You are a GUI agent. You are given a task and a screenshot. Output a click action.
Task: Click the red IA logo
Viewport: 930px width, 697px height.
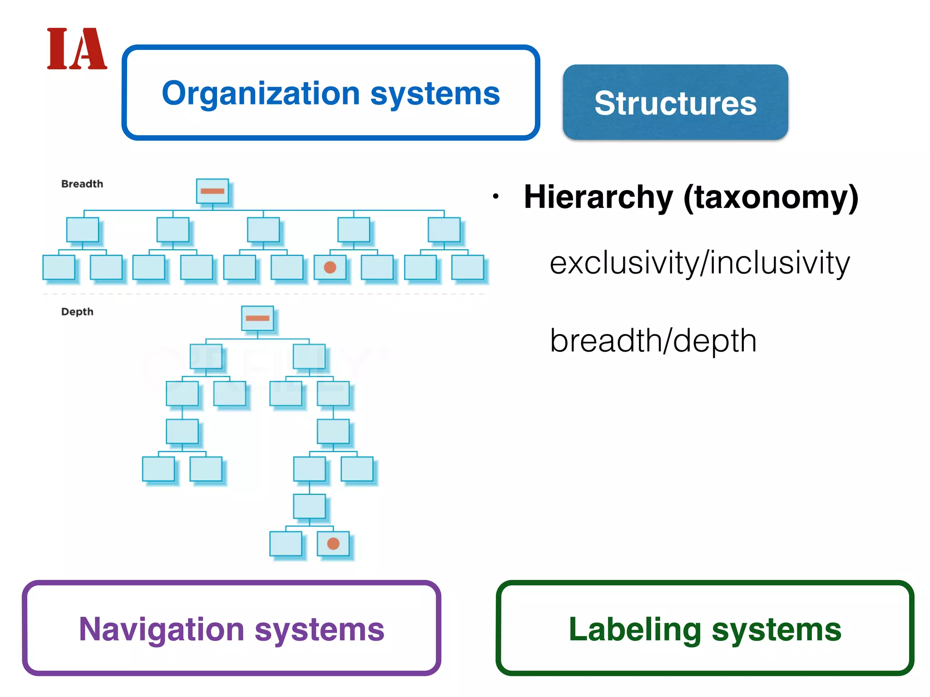click(x=77, y=49)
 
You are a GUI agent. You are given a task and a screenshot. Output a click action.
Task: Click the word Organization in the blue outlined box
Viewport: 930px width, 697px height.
click(x=261, y=93)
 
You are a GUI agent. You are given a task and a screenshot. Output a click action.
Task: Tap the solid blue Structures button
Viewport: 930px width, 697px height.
click(x=675, y=103)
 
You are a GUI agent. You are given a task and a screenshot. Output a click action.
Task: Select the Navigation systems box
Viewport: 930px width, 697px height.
click(x=232, y=628)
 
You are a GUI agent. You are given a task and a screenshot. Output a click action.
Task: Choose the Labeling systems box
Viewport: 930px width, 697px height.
click(x=705, y=628)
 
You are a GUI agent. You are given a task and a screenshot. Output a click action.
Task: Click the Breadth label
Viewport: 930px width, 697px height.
click(x=82, y=184)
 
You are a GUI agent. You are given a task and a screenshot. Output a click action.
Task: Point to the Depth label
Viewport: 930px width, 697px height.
click(x=77, y=312)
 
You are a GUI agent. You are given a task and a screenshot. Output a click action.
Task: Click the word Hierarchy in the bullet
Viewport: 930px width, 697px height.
click(x=598, y=197)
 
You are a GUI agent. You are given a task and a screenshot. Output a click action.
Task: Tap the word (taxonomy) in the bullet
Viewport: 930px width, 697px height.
click(x=771, y=197)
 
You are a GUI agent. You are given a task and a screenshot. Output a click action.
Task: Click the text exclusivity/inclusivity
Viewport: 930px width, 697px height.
click(x=699, y=263)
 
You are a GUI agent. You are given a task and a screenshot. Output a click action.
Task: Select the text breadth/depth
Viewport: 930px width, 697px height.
click(x=653, y=341)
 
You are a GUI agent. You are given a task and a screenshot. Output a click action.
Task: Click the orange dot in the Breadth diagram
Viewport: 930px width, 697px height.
click(x=330, y=267)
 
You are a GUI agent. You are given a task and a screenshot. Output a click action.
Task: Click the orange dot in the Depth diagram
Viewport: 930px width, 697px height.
click(x=333, y=544)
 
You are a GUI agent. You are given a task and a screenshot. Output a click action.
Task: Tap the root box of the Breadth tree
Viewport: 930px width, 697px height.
click(x=212, y=191)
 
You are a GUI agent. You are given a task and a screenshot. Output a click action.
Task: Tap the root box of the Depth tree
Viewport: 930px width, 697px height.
click(x=257, y=318)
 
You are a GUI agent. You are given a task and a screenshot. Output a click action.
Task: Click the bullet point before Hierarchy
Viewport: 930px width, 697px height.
click(x=496, y=197)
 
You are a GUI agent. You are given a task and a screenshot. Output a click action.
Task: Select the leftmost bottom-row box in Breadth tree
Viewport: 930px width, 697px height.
click(x=59, y=267)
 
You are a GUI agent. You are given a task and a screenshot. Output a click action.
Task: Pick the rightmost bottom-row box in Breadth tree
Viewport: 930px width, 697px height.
click(x=468, y=267)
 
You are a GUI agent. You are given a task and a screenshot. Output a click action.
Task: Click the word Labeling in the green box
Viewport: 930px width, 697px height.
click(x=635, y=629)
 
